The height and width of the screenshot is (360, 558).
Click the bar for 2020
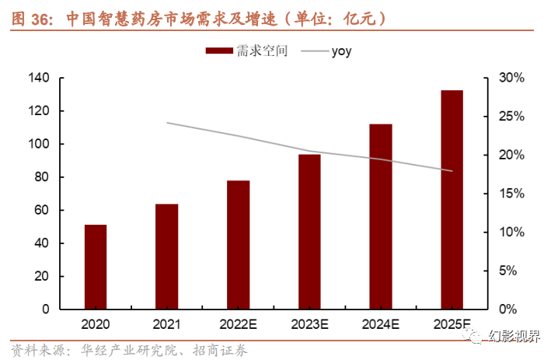pos(96,267)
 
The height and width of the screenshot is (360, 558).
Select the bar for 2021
pos(167,257)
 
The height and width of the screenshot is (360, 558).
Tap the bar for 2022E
pos(239,245)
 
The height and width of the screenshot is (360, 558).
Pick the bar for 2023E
pos(309,232)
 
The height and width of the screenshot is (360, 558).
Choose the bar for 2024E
pos(381,216)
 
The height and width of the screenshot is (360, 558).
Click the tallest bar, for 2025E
pos(452,200)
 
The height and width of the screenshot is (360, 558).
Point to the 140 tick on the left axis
pos(38,79)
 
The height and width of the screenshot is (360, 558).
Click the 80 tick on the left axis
pos(41,177)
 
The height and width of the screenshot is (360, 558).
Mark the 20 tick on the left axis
pos(41,276)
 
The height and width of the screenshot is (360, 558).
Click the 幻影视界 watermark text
pos(524,335)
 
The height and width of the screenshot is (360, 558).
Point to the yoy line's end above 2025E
pos(452,171)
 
